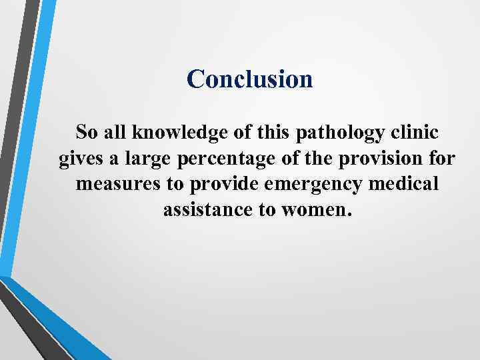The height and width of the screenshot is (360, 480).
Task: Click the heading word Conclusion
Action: (x=249, y=79)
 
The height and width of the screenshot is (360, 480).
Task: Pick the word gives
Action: (x=77, y=159)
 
